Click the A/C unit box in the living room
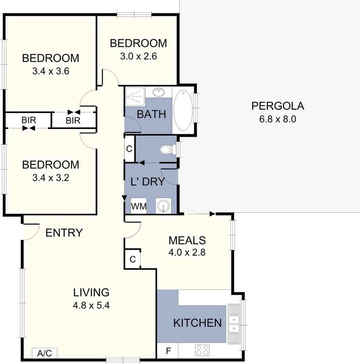pyautogui.click(x=45, y=353)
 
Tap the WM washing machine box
pyautogui.click(x=139, y=206)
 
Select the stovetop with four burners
pyautogui.click(x=202, y=350)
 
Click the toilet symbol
pyautogui.click(x=166, y=149)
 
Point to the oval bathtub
pyautogui.click(x=183, y=110)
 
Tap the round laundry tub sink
pyautogui.click(x=163, y=206)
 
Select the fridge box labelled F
pyautogui.click(x=168, y=352)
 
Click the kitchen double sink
pyautogui.click(x=233, y=324)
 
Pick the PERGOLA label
pyautogui.click(x=278, y=106)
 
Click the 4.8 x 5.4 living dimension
pyautogui.click(x=91, y=305)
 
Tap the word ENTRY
pyautogui.click(x=64, y=233)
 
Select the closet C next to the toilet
pyautogui.click(x=129, y=149)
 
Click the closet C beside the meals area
pyautogui.click(x=132, y=259)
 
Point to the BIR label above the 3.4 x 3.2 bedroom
pyautogui.click(x=29, y=120)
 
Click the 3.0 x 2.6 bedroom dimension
pyautogui.click(x=138, y=56)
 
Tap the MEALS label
pyautogui.click(x=187, y=240)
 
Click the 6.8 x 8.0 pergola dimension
pyautogui.click(x=278, y=119)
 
